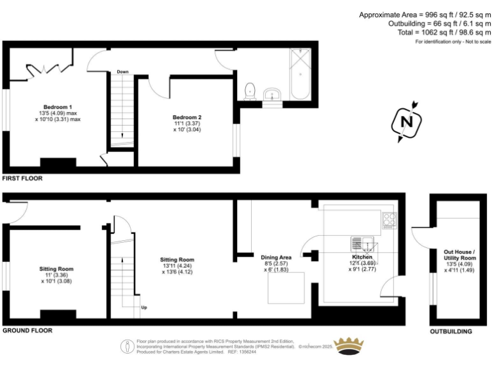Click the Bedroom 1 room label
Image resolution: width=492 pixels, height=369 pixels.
(58, 106)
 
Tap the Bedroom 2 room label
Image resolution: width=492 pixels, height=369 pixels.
(187, 117)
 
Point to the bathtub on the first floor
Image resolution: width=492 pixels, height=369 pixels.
(299, 75)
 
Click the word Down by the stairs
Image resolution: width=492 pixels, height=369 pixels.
(123, 72)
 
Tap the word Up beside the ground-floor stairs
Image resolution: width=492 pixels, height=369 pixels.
(144, 307)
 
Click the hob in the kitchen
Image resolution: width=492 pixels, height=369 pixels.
(389, 220)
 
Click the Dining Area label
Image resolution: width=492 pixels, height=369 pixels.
(277, 256)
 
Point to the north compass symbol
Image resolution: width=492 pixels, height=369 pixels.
(405, 121)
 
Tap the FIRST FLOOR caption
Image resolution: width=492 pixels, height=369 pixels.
(22, 178)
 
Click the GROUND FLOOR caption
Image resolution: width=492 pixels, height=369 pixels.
(27, 331)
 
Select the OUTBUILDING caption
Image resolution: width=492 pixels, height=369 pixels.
(450, 332)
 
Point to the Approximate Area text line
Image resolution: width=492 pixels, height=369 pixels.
(425, 15)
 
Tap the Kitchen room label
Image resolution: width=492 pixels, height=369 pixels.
(362, 257)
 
